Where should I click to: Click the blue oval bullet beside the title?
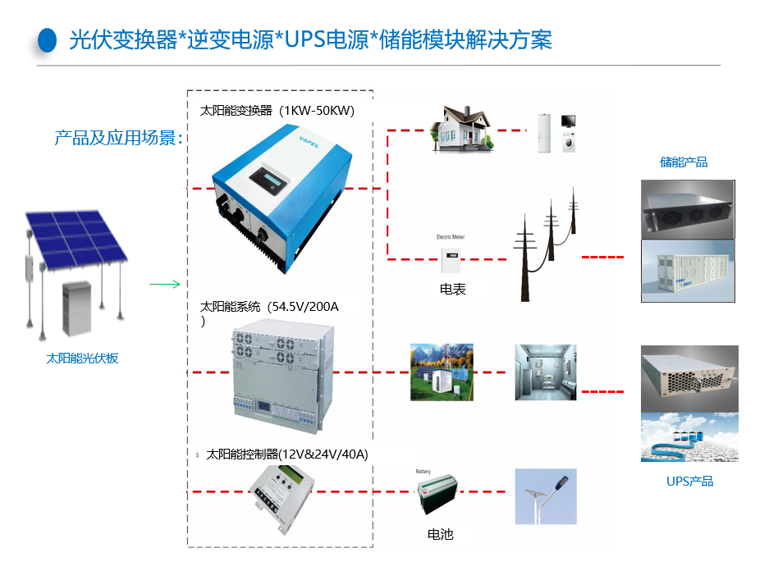pos(48,40)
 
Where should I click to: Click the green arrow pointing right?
pos(165,285)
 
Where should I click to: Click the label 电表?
pos(452,289)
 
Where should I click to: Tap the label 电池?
pos(440,534)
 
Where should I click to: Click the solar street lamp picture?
pos(546,496)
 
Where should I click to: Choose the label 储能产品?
pos(684,162)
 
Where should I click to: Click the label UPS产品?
pos(689,482)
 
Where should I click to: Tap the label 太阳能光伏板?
pos(82,359)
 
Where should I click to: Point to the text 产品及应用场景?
pos(118,138)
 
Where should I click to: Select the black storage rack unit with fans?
pos(687,209)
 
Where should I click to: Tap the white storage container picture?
pos(687,271)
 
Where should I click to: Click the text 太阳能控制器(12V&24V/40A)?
pos(287,454)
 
